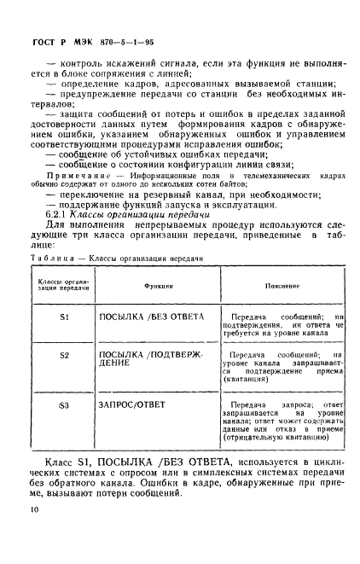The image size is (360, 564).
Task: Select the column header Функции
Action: point(159,288)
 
